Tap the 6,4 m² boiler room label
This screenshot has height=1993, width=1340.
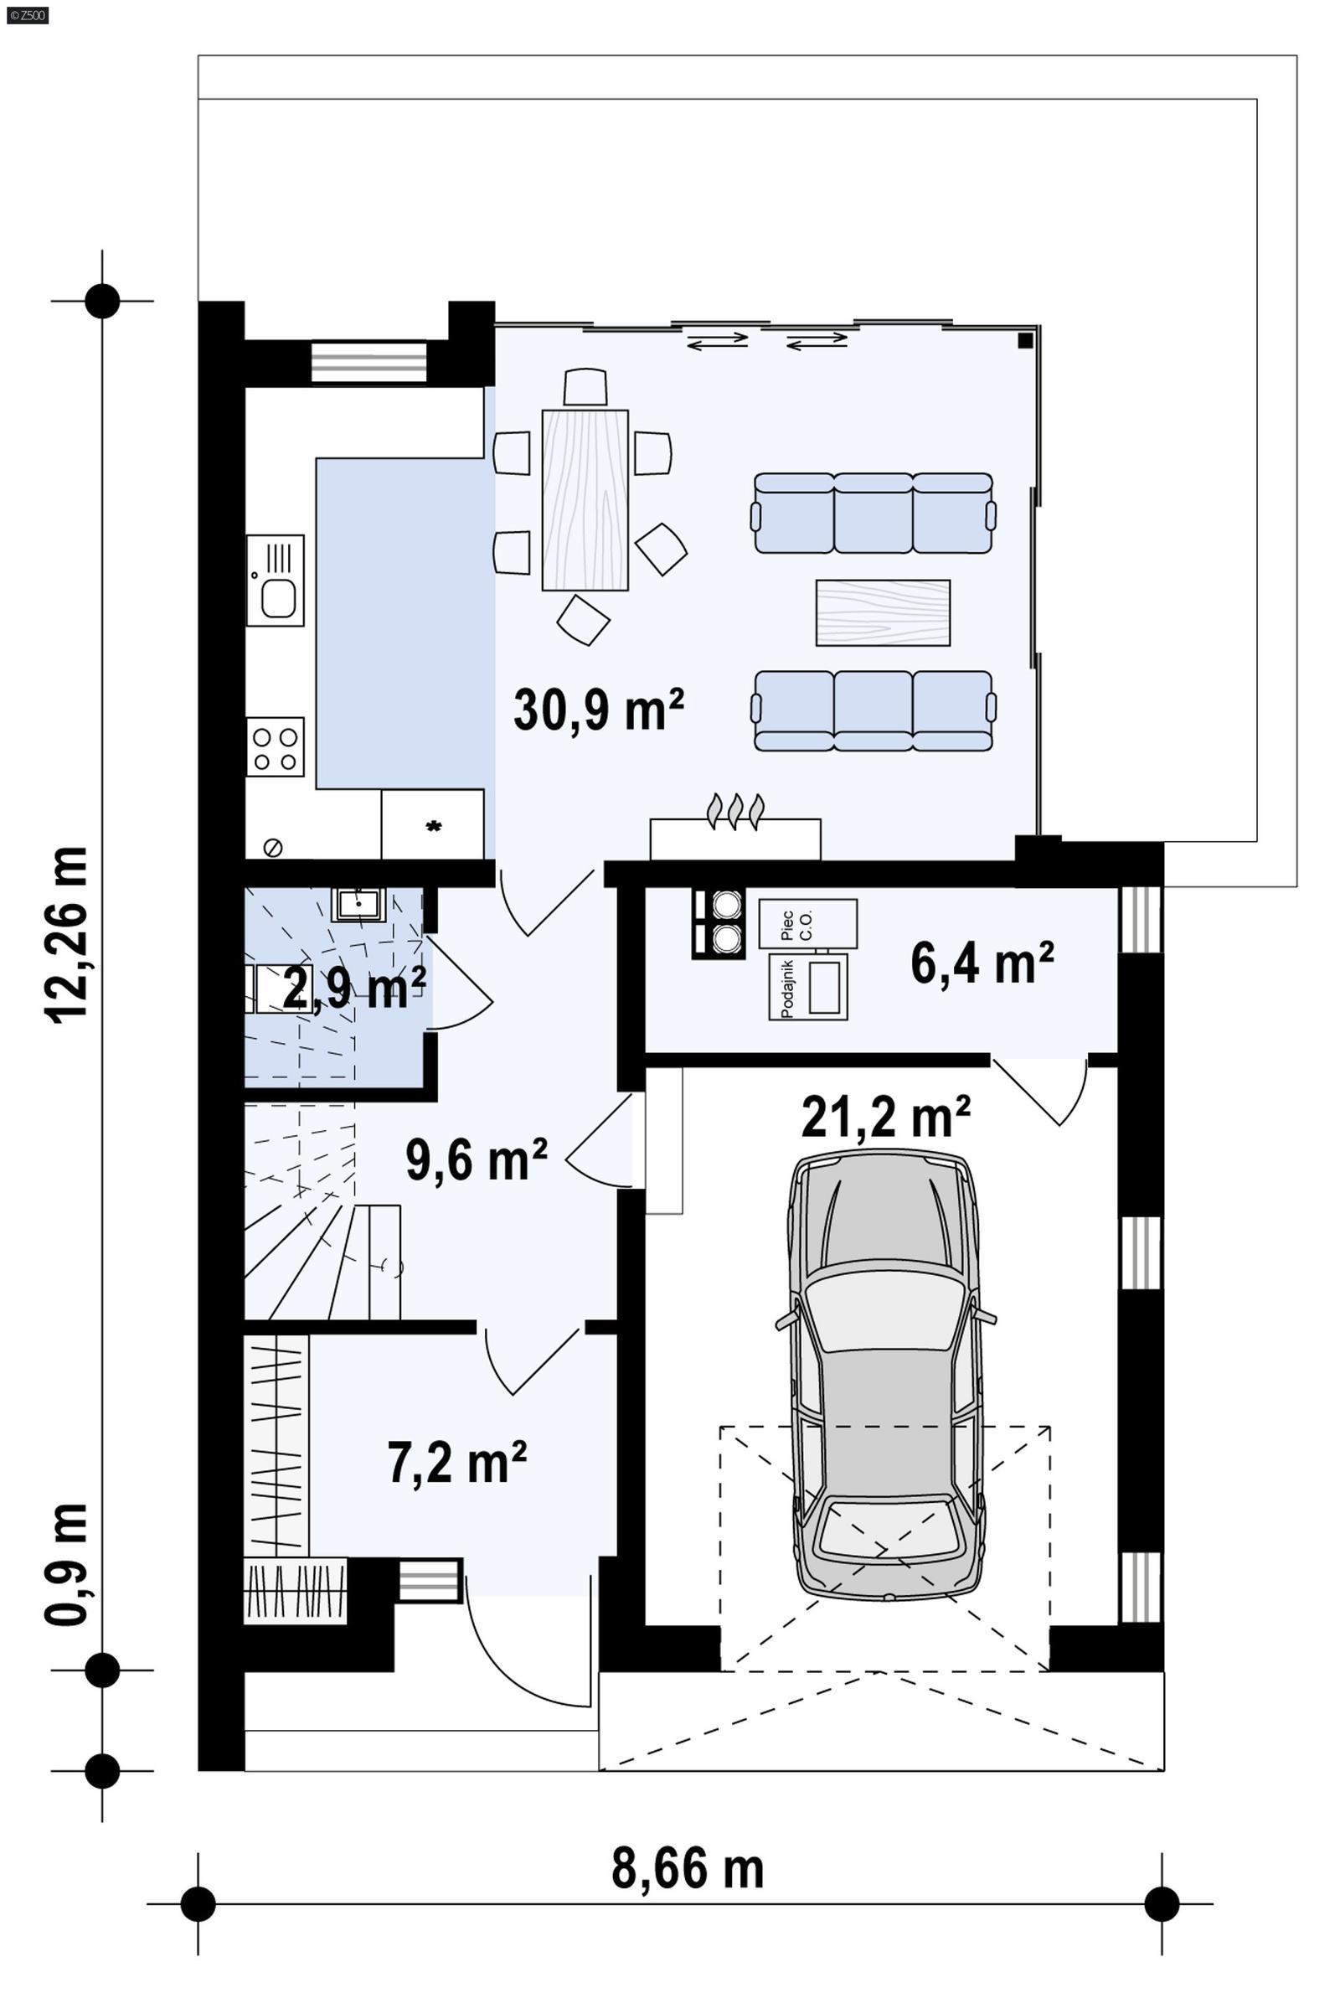(x=982, y=964)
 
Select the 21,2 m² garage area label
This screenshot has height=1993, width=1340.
(x=885, y=1116)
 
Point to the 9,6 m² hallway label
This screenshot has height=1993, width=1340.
(x=476, y=1159)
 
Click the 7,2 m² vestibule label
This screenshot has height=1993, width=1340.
(x=457, y=1464)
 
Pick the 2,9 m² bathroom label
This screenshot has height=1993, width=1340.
(x=353, y=989)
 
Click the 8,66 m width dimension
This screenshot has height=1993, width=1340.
(x=687, y=1869)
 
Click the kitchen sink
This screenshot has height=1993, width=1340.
(x=276, y=581)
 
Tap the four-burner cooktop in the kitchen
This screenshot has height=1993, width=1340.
(x=276, y=747)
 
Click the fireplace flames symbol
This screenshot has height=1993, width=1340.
(x=735, y=812)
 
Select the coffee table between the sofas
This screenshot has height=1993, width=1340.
(x=883, y=612)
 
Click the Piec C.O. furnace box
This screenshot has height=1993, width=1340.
(x=807, y=924)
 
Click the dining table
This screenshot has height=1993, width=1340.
(x=585, y=500)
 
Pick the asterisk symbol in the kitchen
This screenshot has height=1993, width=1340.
(x=433, y=826)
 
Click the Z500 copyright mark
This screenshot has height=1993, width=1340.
(x=27, y=14)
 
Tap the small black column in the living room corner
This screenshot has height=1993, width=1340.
(x=1025, y=340)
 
